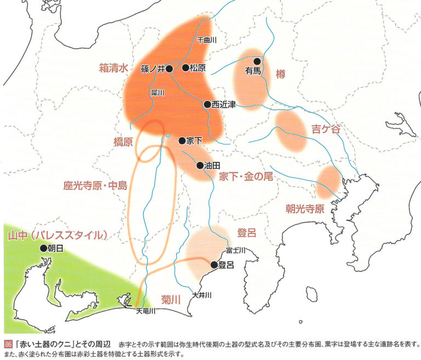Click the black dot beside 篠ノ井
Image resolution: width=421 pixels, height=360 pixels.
point(169,68)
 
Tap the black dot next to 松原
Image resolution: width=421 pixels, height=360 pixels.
point(185,67)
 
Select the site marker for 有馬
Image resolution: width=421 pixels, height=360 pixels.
point(257,61)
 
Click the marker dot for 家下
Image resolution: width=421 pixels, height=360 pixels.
point(182,141)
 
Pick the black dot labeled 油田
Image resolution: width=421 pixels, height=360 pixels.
point(200,165)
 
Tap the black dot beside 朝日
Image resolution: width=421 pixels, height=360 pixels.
point(43,248)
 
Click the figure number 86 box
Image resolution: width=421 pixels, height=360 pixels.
point(8,344)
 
